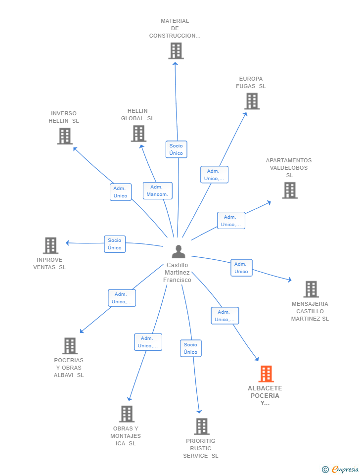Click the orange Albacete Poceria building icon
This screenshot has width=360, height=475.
(x=266, y=374)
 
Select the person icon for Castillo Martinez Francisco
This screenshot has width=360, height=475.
(x=179, y=251)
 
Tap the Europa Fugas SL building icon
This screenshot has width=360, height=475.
(x=252, y=101)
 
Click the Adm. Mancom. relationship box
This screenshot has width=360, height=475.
(x=157, y=190)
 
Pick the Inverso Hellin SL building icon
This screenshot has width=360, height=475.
(x=65, y=136)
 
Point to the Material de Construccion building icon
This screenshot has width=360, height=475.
(x=176, y=50)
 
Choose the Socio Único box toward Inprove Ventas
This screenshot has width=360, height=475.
(x=115, y=244)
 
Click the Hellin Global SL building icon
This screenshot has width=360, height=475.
(x=138, y=134)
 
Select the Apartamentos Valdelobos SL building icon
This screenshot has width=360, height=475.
(x=290, y=190)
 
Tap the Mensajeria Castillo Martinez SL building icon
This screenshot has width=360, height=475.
(x=311, y=289)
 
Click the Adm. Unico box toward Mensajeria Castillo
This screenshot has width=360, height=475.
(x=241, y=268)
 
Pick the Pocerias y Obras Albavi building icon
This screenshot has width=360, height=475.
(x=70, y=346)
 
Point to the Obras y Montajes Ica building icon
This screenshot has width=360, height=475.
(x=127, y=414)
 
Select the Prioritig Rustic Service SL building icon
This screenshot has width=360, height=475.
(x=202, y=426)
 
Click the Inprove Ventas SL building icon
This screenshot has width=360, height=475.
(x=50, y=245)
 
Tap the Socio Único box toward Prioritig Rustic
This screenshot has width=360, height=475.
(x=191, y=348)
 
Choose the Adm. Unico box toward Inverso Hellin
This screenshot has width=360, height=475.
(x=121, y=192)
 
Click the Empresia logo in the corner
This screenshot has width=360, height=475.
(x=340, y=469)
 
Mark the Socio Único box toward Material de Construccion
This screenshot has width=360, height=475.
(x=176, y=149)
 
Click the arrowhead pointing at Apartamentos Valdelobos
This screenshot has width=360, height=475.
(x=268, y=203)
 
